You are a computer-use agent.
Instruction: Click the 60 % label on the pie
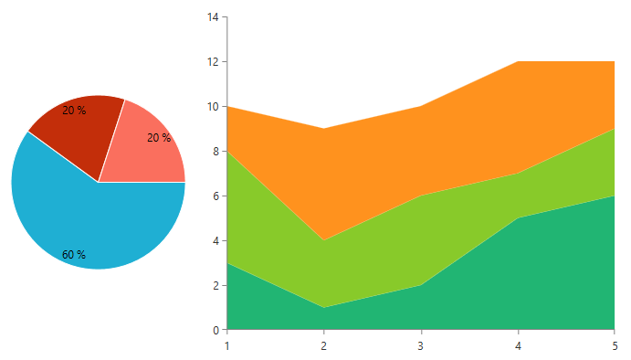[x=74, y=255]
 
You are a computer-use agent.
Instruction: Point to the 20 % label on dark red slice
[x=74, y=111]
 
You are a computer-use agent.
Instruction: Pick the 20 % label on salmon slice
[x=159, y=138]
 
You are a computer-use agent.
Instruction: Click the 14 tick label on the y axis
[x=214, y=17]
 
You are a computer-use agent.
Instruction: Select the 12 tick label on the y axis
[x=214, y=62]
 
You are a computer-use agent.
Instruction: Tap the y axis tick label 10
[x=214, y=107]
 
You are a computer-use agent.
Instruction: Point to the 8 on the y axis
[x=216, y=152]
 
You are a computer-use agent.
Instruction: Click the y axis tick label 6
[x=216, y=196]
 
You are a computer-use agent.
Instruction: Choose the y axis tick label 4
[x=216, y=241]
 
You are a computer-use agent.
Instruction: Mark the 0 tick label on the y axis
[x=216, y=330]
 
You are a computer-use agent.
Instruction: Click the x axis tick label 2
[x=324, y=345]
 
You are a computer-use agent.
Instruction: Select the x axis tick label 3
[x=421, y=345]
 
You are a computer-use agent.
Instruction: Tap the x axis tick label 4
[x=518, y=345]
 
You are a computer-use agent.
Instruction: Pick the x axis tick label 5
[x=615, y=345]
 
